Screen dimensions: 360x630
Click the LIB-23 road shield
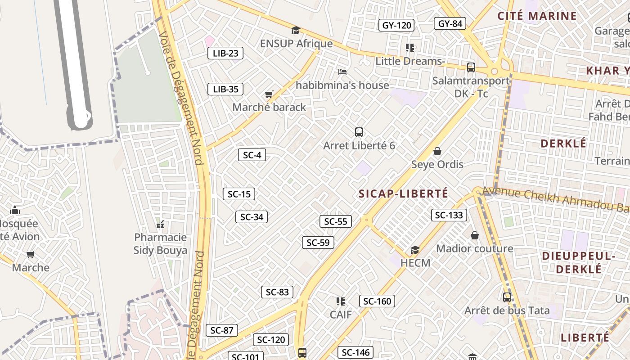tap(225, 54)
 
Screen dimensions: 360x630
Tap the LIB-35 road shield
tap(225, 89)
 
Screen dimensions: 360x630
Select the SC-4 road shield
tap(252, 155)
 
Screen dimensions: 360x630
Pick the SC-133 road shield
tap(449, 215)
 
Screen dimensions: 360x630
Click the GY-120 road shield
tap(396, 25)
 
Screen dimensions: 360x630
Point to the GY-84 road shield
tap(450, 23)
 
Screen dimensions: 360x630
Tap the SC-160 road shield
tap(377, 301)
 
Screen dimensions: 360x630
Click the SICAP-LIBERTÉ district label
tap(403, 194)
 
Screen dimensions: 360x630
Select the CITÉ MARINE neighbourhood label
tap(537, 16)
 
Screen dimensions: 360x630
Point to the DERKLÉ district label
tap(563, 144)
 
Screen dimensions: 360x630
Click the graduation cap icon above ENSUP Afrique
tap(296, 30)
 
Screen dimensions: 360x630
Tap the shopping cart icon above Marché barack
tap(269, 94)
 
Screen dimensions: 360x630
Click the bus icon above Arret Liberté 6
tap(359, 132)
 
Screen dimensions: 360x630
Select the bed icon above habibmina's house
tap(342, 72)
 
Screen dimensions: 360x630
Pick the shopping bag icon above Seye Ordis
tap(437, 151)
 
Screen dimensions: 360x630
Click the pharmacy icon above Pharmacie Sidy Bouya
tap(160, 224)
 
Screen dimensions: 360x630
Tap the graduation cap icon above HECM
tap(415, 250)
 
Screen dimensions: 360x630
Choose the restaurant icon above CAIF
tap(341, 301)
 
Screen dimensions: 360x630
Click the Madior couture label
tap(475, 248)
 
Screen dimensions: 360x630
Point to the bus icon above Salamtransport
tap(471, 67)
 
